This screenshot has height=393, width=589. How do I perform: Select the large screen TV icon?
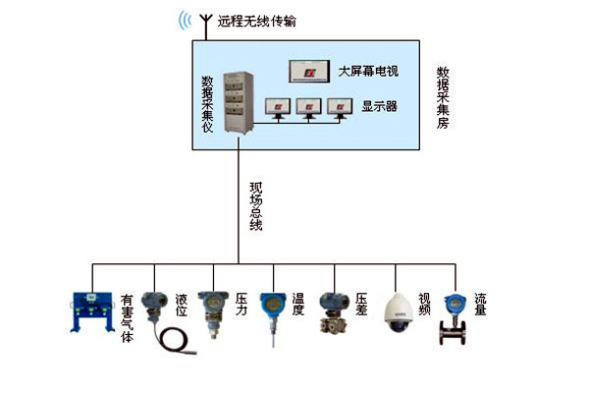[307, 73]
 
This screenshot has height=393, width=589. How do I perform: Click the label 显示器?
[378, 105]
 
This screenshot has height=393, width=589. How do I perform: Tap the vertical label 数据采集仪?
[207, 104]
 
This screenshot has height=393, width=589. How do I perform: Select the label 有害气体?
[128, 317]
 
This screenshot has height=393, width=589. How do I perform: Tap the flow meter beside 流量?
[454, 317]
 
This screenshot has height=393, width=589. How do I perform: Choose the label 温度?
[297, 306]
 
